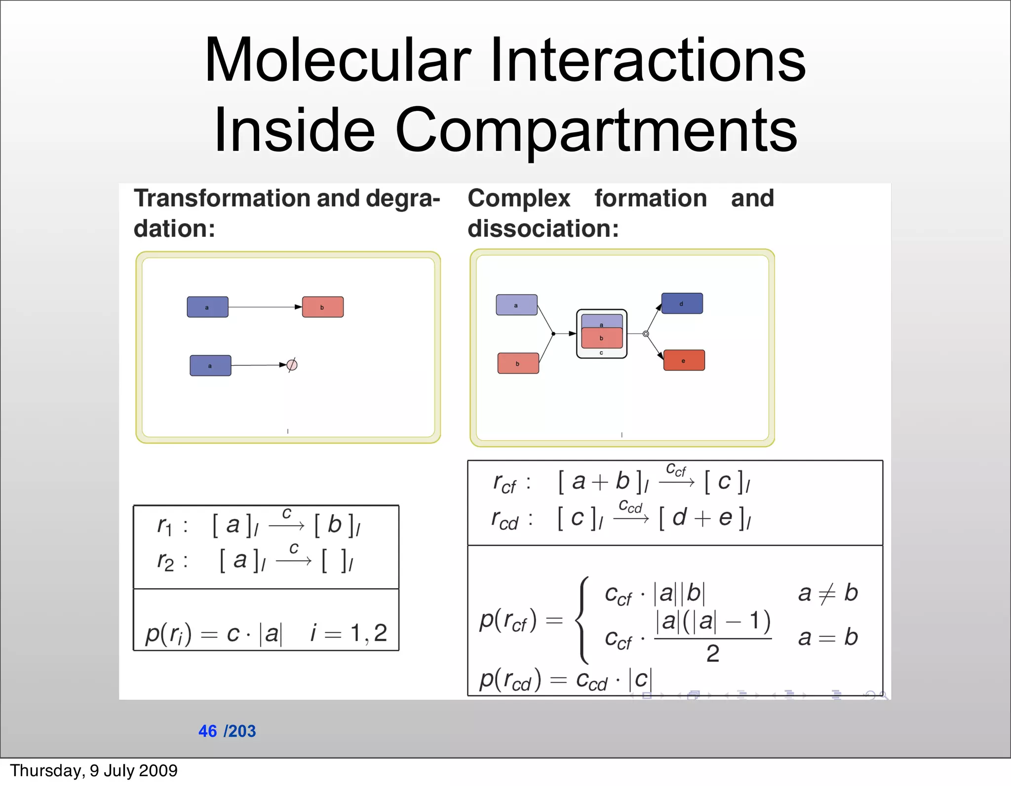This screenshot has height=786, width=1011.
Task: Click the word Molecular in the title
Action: click(x=338, y=60)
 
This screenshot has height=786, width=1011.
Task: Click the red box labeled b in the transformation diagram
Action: click(x=323, y=307)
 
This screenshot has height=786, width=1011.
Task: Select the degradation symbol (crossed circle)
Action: click(x=292, y=365)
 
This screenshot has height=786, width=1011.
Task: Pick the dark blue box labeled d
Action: click(x=682, y=303)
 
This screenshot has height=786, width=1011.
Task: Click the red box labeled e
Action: click(x=684, y=360)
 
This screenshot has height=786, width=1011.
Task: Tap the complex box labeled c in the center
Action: click(x=602, y=334)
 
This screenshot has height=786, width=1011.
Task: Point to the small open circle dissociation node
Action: click(x=646, y=334)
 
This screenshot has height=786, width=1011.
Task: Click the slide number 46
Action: click(x=207, y=731)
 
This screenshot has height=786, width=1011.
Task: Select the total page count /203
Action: click(x=240, y=731)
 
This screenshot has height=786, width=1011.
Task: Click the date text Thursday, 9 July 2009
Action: click(x=94, y=771)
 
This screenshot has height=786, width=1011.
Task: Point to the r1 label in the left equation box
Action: click(x=165, y=526)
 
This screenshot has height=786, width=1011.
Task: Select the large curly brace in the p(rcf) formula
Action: click(x=583, y=620)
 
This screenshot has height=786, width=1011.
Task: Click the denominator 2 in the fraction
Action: click(x=712, y=654)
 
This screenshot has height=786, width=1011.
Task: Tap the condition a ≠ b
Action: click(x=827, y=593)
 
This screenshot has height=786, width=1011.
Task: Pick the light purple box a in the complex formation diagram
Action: click(x=516, y=305)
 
